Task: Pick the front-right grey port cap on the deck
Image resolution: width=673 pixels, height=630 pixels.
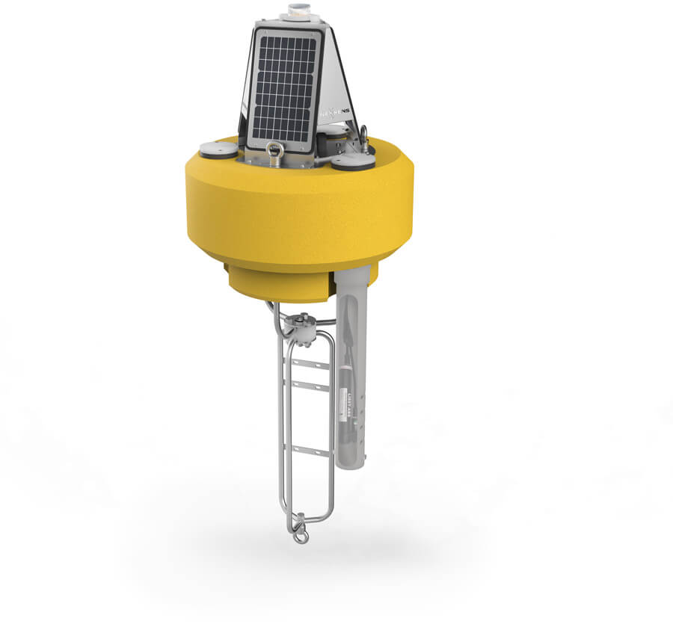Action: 352,161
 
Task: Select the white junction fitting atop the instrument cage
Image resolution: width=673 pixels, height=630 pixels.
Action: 304,329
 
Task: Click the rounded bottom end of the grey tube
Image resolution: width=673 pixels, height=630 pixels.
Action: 350,463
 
